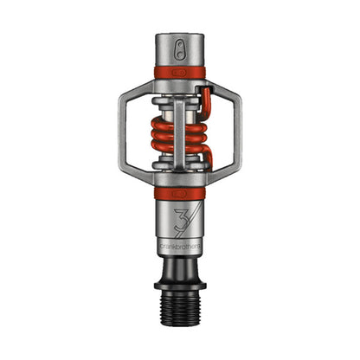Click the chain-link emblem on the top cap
180,48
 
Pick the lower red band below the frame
180,193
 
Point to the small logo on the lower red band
180,193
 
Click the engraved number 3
177,216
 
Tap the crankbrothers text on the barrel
180,246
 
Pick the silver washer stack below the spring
179,170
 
